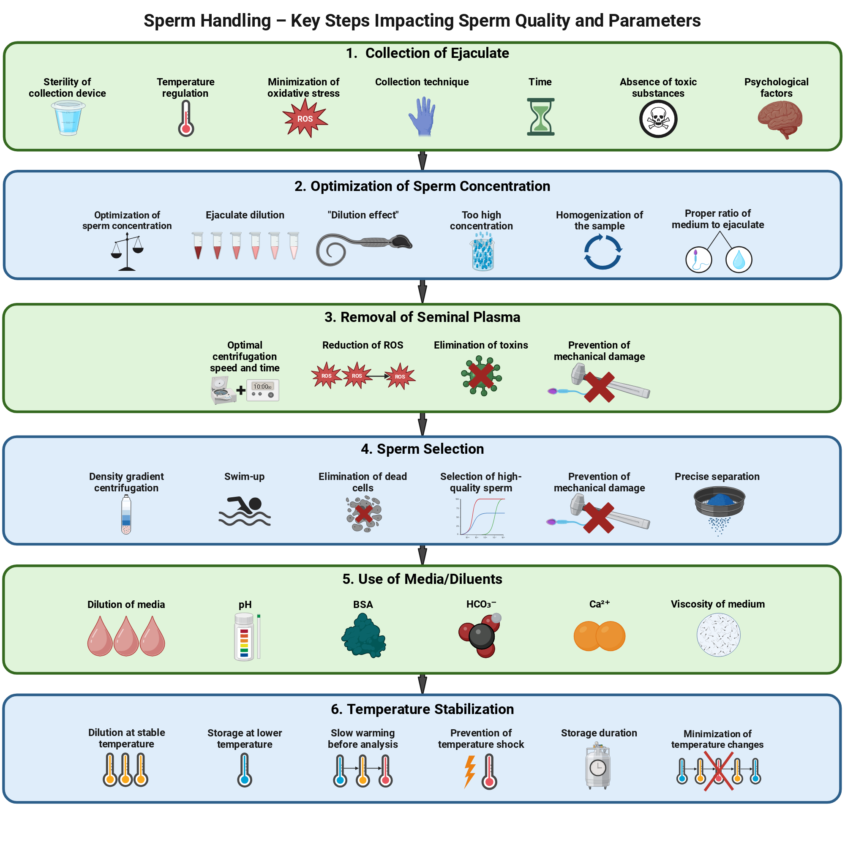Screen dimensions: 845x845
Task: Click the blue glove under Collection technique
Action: [422, 117]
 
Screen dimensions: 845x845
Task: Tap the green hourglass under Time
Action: [541, 117]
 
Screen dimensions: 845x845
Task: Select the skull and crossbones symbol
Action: [658, 119]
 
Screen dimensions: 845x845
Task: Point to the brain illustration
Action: [780, 120]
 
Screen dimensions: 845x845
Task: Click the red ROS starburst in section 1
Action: [305, 118]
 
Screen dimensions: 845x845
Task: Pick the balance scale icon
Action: [127, 252]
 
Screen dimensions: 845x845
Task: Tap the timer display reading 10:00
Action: [263, 390]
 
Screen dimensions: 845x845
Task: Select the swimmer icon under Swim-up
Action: [245, 511]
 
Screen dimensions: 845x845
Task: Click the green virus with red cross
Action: [481, 376]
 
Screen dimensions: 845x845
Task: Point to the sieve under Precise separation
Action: [719, 510]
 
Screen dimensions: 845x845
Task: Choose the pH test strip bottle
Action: [244, 636]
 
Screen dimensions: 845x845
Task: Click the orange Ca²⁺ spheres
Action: [599, 636]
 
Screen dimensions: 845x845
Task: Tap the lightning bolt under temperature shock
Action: [470, 771]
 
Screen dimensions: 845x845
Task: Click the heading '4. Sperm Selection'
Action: [422, 449]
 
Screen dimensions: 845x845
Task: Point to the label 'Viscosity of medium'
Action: [718, 604]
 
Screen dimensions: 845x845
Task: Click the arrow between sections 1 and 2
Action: [422, 161]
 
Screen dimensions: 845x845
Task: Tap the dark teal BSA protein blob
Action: [363, 635]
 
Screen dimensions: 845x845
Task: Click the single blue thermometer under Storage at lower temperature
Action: [245, 770]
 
